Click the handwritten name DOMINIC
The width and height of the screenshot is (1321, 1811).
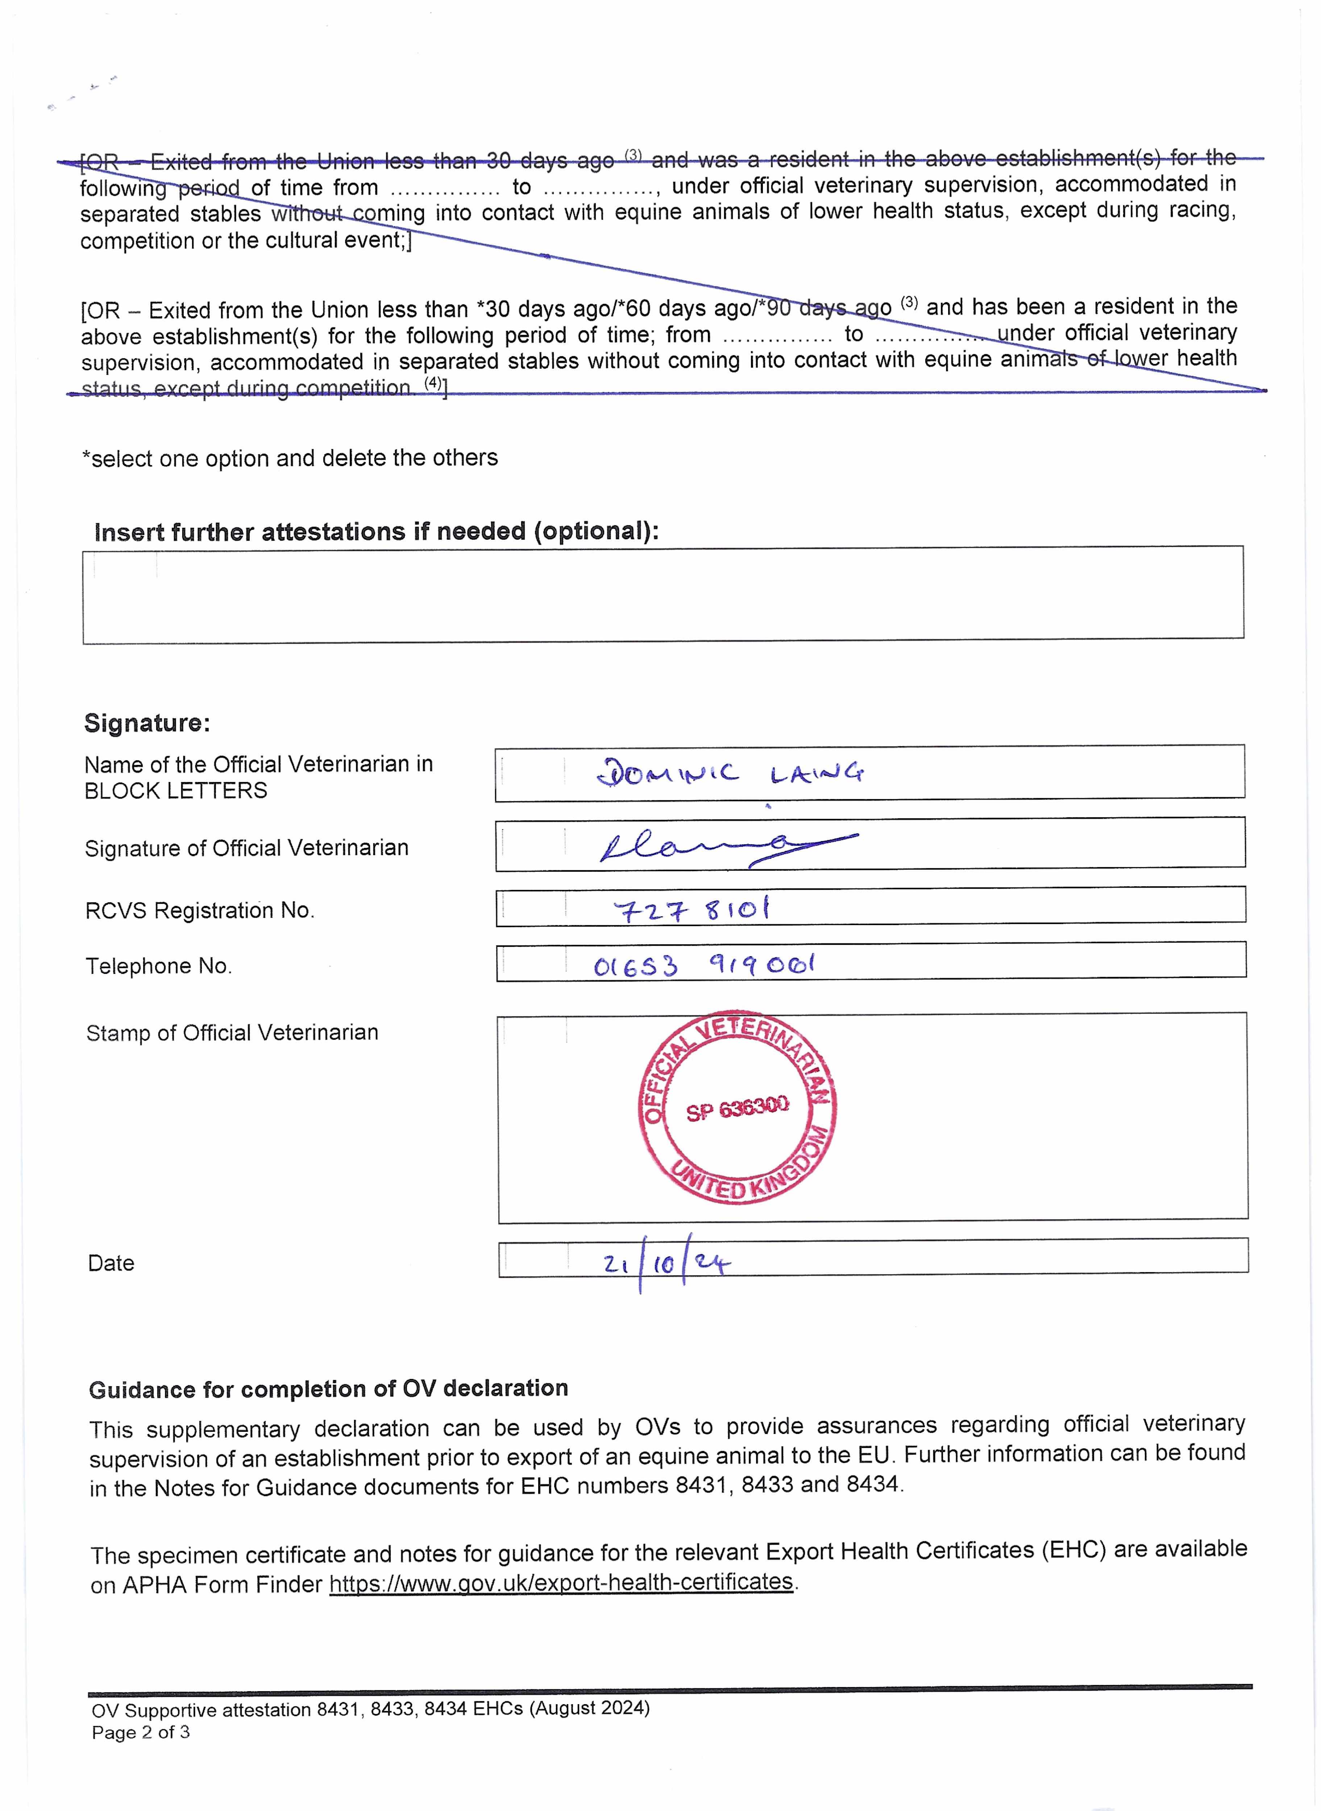(x=668, y=773)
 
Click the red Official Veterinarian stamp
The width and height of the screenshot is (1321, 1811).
(x=737, y=1107)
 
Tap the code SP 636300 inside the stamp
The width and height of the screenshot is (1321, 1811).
(x=737, y=1109)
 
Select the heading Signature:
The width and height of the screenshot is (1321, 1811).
(x=147, y=723)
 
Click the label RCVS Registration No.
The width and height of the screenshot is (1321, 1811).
(x=200, y=910)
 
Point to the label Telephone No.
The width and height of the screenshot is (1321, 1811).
(x=158, y=966)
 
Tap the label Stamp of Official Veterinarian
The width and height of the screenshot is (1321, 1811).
(x=232, y=1033)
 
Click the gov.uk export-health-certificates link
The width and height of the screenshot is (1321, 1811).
(x=561, y=1582)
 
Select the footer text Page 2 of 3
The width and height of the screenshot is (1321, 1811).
(x=141, y=1732)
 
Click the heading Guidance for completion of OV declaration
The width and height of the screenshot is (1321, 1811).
(x=328, y=1389)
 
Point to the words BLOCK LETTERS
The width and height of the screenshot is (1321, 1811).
(x=176, y=790)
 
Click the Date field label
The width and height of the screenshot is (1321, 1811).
(x=111, y=1263)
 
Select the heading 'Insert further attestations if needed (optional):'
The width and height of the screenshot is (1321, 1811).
(x=376, y=531)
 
